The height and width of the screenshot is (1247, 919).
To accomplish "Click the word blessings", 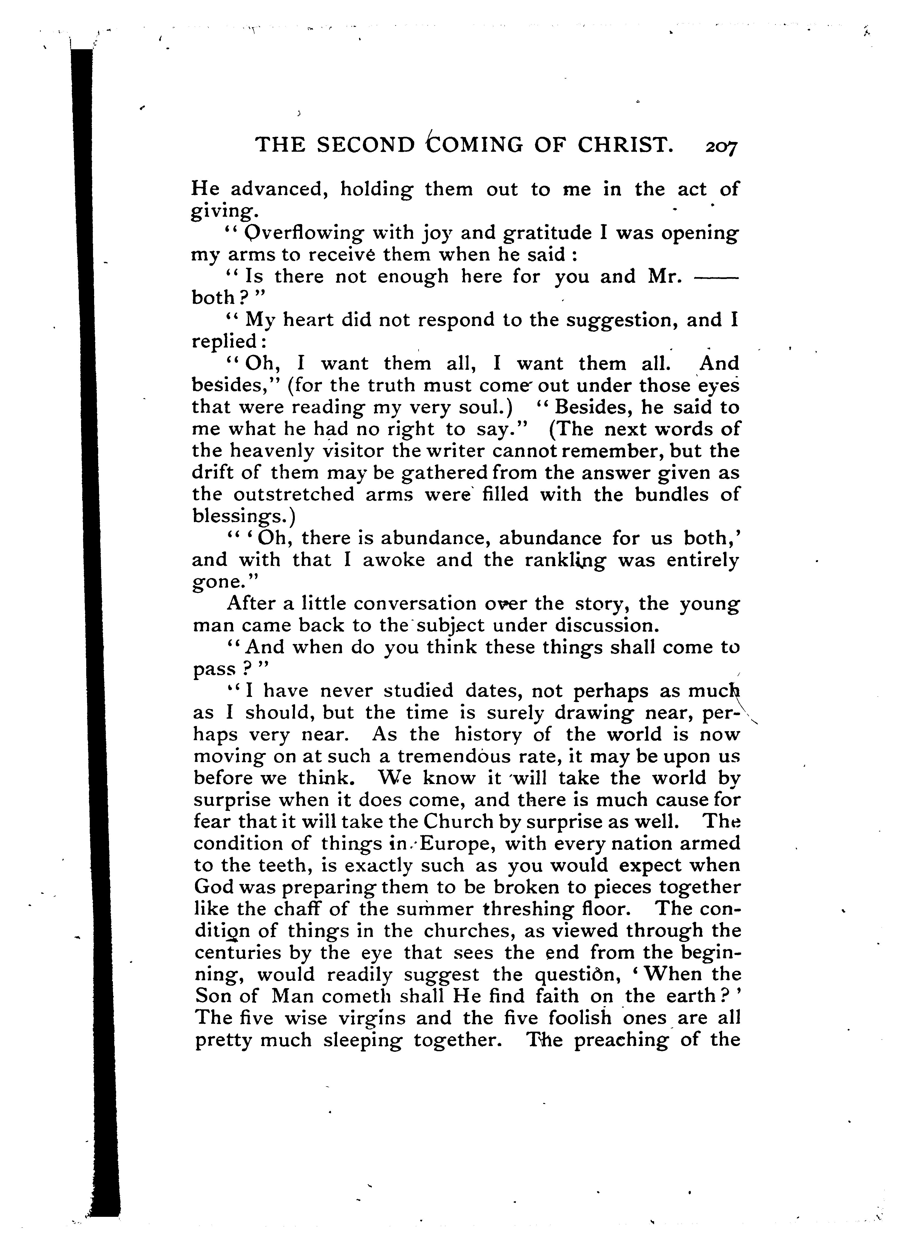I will (x=243, y=517).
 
